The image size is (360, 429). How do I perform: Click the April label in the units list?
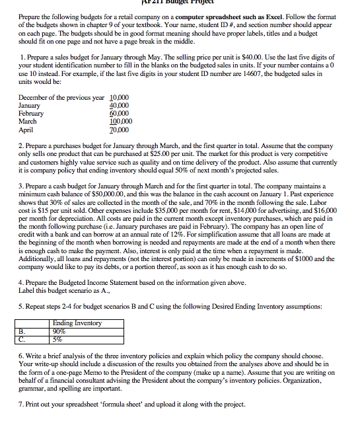click(27, 130)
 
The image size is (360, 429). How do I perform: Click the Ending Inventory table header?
click(77, 323)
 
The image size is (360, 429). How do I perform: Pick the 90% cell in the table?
click(60, 330)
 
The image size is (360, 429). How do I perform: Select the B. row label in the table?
click(25, 330)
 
